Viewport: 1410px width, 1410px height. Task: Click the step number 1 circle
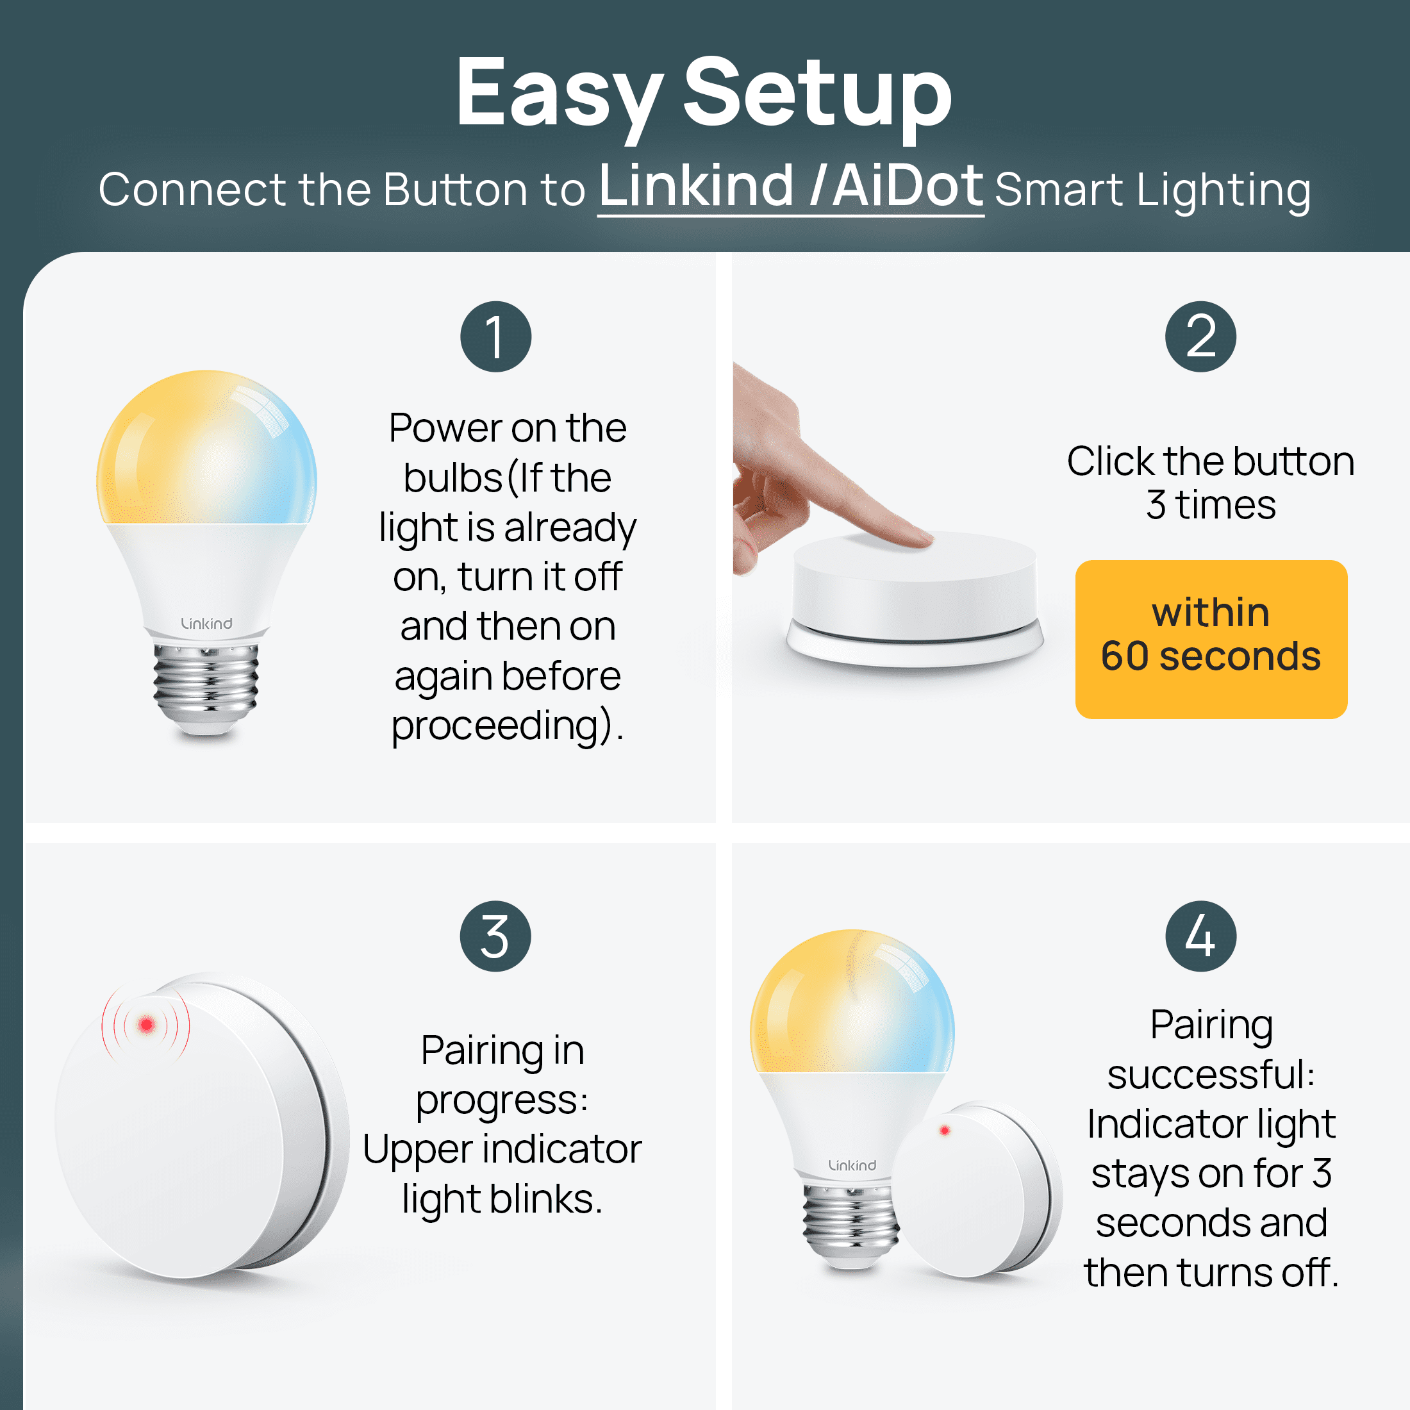coord(495,336)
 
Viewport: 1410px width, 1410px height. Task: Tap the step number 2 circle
coord(1200,336)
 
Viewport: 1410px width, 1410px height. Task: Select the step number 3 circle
coord(495,936)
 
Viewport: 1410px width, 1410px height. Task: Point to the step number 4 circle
coord(1200,936)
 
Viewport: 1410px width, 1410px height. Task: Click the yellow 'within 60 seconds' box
coord(1211,640)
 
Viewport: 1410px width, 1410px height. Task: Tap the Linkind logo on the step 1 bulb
coord(206,623)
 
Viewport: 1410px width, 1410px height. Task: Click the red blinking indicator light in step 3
coord(146,1025)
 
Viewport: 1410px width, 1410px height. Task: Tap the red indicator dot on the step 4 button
coord(944,1131)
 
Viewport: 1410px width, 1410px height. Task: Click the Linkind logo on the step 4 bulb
coord(852,1165)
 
